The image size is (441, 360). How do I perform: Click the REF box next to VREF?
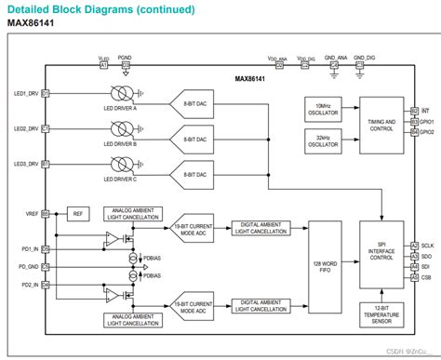pos(79,213)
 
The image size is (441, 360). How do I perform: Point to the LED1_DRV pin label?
pos(26,93)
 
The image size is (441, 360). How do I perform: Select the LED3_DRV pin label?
pos(26,164)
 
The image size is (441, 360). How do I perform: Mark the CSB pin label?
pos(426,276)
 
